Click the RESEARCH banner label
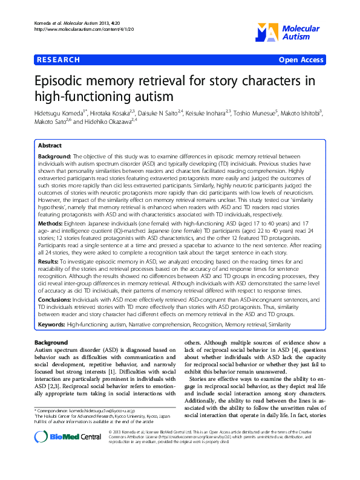[x=59, y=60]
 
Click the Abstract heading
[x=50, y=146]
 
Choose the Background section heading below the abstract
[x=51, y=343]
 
